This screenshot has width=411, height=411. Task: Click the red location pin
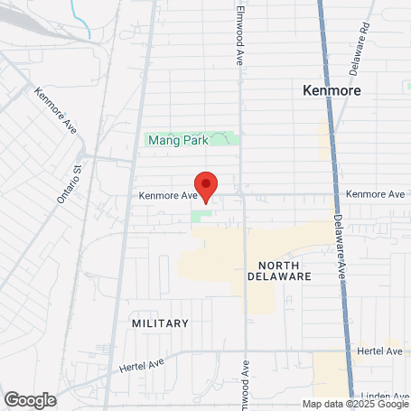point(206,185)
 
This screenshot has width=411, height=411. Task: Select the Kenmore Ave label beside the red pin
point(167,194)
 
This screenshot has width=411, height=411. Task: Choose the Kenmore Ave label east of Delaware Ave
point(375,194)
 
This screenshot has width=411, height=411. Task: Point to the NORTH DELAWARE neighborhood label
point(279,269)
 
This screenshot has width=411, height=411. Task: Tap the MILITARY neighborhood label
point(160,322)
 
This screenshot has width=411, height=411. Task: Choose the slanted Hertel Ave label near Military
point(141,365)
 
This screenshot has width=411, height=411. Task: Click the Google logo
point(30,398)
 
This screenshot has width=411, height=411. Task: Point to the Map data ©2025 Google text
point(355,405)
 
